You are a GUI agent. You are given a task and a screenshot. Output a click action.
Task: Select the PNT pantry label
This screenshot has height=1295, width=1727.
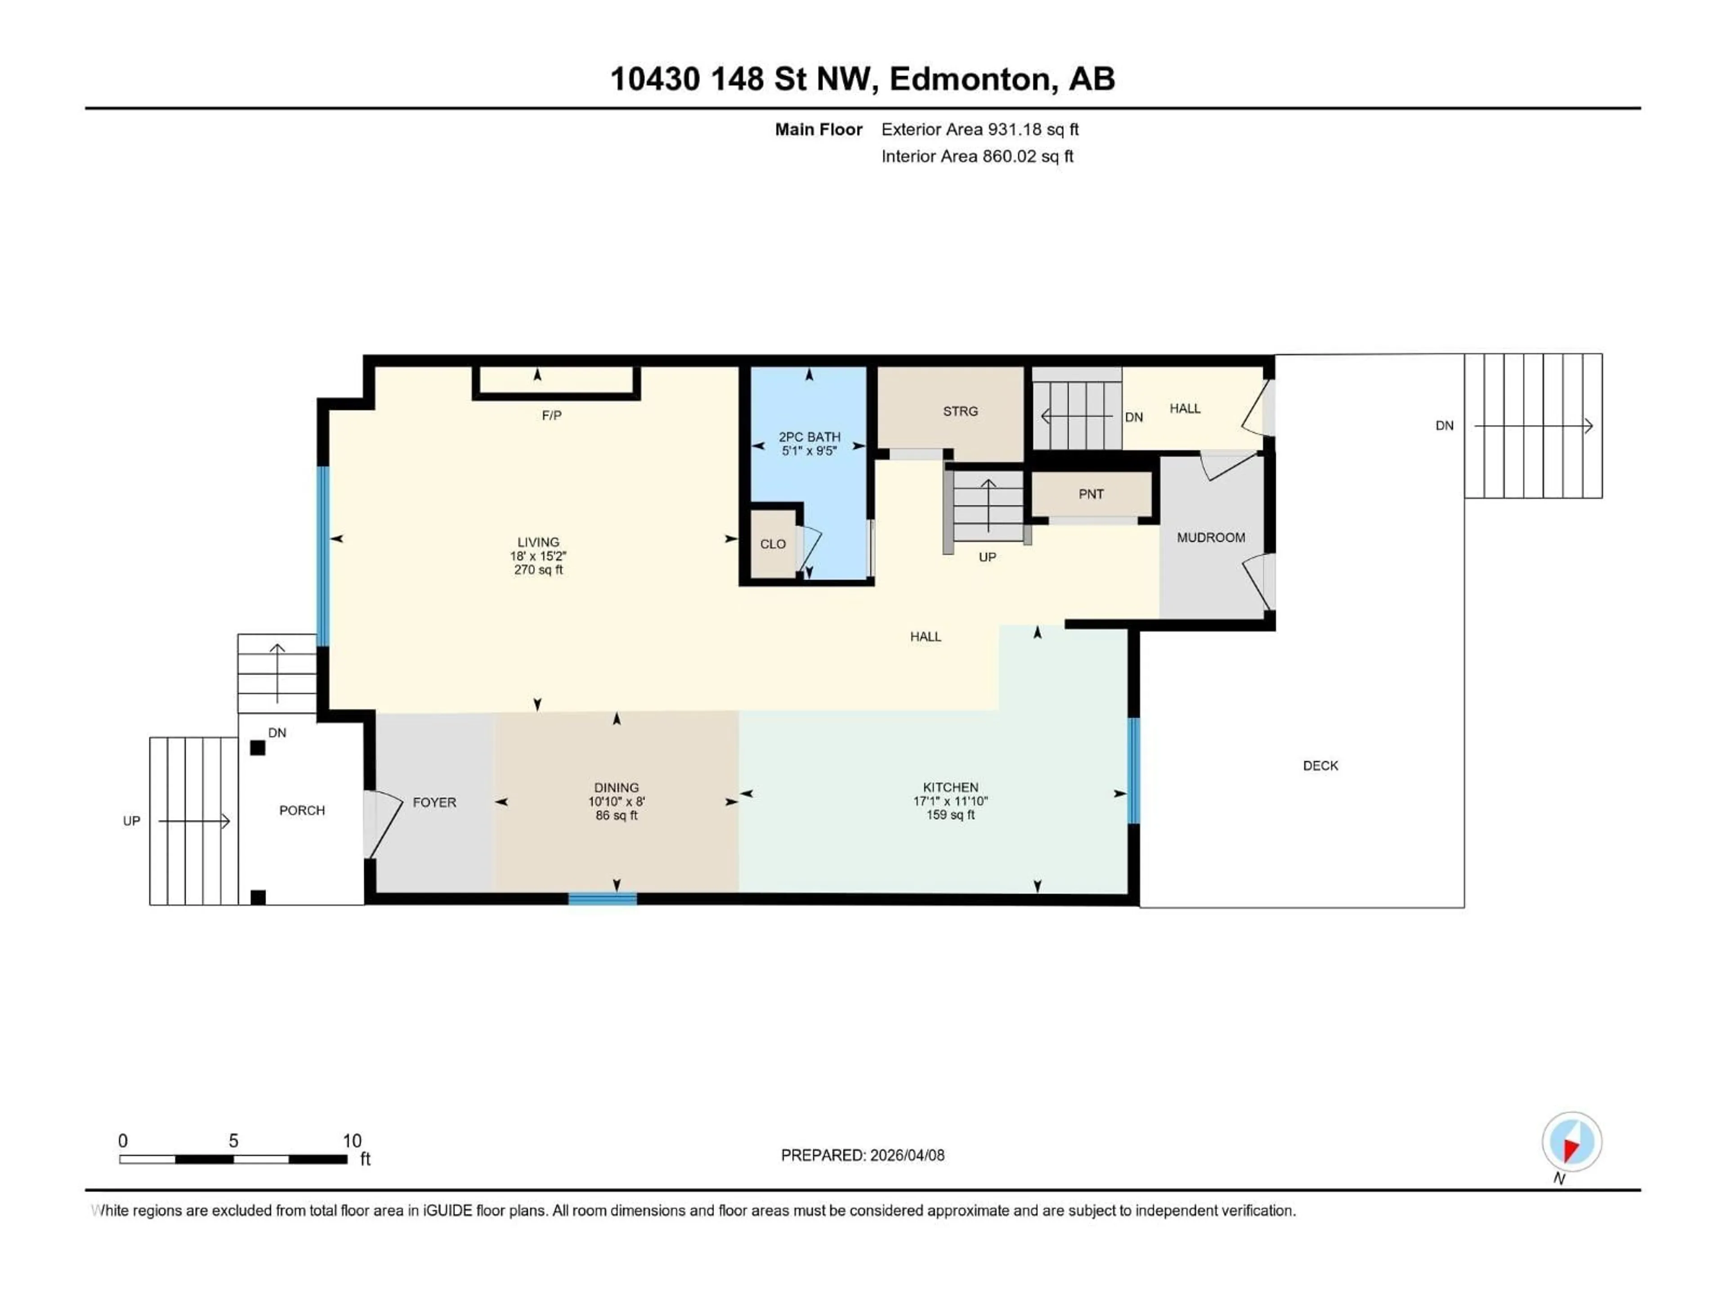point(1091,494)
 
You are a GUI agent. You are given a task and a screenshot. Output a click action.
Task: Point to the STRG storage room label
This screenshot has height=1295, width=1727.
point(960,411)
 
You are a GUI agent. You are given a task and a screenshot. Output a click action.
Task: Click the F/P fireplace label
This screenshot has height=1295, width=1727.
point(551,415)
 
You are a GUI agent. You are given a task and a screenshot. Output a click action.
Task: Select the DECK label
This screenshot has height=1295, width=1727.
point(1320,766)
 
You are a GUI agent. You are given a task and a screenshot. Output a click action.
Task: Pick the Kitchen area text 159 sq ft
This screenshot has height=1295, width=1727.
point(950,815)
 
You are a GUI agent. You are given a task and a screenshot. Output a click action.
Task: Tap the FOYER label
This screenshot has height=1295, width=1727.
point(434,803)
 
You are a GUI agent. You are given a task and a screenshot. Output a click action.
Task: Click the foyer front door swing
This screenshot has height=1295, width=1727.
point(384,824)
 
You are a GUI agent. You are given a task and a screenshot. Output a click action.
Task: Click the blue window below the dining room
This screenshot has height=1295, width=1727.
point(602,899)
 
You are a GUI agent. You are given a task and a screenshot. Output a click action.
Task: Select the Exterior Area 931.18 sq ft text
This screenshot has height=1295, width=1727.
point(980,129)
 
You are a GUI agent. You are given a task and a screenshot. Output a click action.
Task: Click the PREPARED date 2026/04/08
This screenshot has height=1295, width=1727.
point(862,1155)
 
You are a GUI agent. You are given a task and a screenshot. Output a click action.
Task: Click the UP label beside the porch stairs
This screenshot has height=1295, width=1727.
point(131,821)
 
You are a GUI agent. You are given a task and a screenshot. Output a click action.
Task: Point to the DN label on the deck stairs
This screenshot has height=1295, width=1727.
point(1445,425)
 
